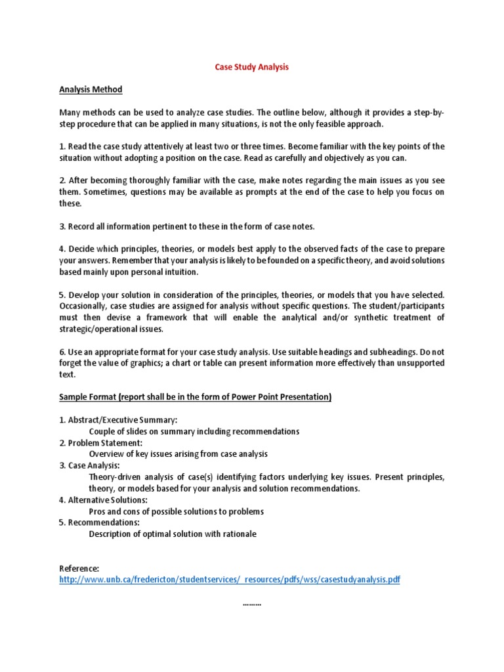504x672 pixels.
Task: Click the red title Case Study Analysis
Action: (x=252, y=67)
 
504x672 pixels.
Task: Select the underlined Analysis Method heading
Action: (x=91, y=89)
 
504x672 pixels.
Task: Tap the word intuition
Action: (x=178, y=272)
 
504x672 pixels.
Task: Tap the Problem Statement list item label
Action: (x=105, y=442)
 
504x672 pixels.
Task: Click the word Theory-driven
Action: (x=115, y=477)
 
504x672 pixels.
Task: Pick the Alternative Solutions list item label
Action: (x=108, y=499)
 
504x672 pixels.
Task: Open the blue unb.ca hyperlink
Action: (x=230, y=579)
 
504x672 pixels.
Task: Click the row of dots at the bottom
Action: (x=252, y=602)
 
